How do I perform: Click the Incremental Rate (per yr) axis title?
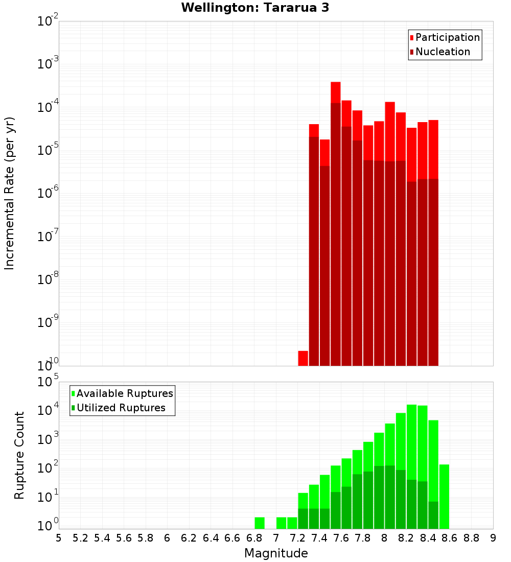(9, 193)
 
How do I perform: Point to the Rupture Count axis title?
(19, 455)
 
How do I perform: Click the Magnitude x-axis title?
(276, 553)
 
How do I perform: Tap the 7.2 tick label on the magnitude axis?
(297, 537)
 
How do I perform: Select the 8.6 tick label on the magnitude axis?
(450, 537)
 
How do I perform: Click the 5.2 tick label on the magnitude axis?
(80, 537)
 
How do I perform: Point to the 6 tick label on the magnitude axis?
(167, 537)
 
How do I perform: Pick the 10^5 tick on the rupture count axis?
(49, 382)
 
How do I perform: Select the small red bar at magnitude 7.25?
(303, 358)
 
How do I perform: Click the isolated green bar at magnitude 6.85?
(260, 523)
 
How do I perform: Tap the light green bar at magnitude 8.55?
(444, 497)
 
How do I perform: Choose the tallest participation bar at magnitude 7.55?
(336, 92)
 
